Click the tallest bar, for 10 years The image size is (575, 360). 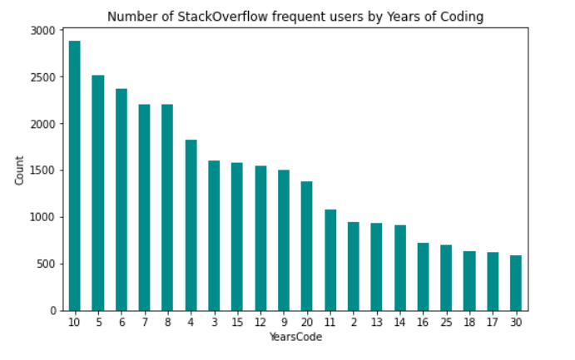click(x=75, y=175)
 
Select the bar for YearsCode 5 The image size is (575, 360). click(x=98, y=193)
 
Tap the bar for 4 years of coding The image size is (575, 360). click(x=191, y=225)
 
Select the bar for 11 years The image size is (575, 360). click(x=330, y=260)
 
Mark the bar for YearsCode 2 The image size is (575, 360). click(x=354, y=266)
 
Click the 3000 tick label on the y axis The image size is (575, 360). click(x=43, y=31)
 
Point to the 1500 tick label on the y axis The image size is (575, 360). click(x=43, y=170)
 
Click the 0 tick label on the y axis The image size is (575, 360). click(x=52, y=311)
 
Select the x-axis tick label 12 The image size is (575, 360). click(x=260, y=322)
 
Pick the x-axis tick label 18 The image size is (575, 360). click(x=469, y=322)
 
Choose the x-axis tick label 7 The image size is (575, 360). click(x=145, y=322)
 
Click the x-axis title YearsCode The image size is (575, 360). click(x=295, y=337)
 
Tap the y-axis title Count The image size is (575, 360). click(x=19, y=170)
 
